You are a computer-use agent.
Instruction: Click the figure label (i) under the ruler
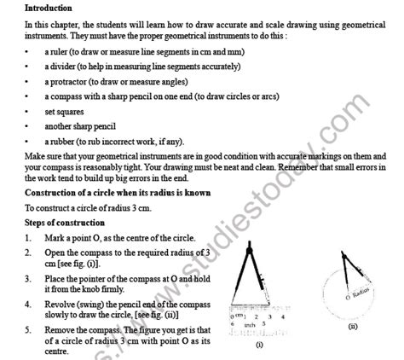[x=259, y=345]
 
